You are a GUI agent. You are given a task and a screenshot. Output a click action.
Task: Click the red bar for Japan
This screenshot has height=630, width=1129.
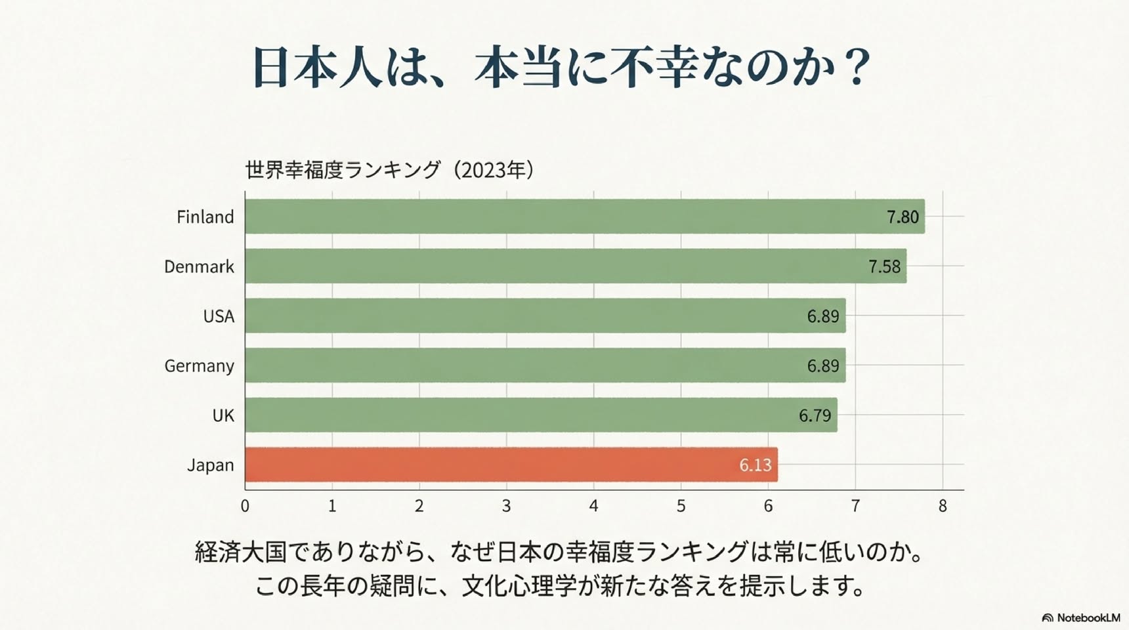tap(511, 465)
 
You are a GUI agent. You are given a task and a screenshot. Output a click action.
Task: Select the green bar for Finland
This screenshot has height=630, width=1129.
tap(585, 217)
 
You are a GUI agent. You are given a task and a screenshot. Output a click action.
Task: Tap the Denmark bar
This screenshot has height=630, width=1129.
tap(576, 266)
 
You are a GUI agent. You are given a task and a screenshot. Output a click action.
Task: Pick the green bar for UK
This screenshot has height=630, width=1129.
tap(542, 415)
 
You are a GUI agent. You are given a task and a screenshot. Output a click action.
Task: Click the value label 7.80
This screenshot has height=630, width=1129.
tap(903, 217)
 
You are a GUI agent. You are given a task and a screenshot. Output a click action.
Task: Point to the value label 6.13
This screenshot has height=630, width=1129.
tap(755, 465)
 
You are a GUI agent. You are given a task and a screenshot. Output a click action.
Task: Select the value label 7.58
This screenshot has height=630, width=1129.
tap(884, 266)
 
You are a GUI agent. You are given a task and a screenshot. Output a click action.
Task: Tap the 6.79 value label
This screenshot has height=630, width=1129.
tap(815, 415)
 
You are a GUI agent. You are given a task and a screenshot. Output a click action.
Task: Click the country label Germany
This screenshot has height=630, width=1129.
tap(199, 366)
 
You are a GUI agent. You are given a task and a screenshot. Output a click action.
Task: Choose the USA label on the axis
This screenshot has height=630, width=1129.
tap(219, 316)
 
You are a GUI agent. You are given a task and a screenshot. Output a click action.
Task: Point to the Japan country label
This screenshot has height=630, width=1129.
tap(211, 465)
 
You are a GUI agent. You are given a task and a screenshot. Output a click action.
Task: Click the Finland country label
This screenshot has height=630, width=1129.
tap(205, 217)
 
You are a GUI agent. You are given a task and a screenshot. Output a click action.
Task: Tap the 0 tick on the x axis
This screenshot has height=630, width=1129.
tap(245, 506)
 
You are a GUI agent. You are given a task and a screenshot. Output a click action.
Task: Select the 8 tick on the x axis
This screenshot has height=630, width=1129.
tap(943, 506)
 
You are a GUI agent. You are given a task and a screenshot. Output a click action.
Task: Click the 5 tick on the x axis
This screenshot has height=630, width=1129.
tap(681, 506)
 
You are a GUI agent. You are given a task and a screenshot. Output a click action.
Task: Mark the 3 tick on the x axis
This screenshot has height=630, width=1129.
tap(506, 506)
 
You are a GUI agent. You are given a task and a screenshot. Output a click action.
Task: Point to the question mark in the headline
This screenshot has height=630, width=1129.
tap(856, 67)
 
